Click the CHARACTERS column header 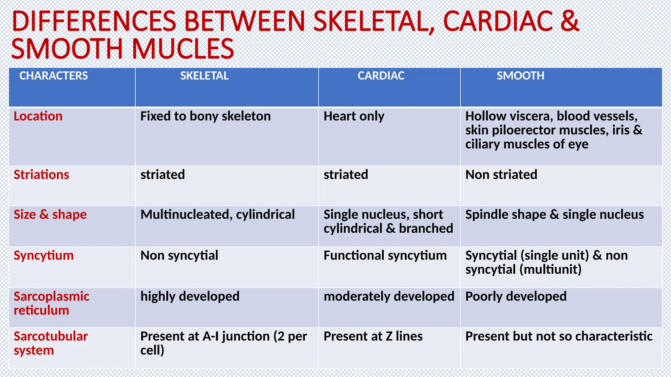click(53, 76)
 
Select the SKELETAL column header click(204, 76)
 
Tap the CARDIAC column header click(381, 76)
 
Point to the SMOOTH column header click(520, 76)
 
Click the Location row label click(38, 116)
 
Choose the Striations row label click(41, 175)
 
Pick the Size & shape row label click(50, 215)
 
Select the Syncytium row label click(44, 256)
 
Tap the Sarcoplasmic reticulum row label click(51, 303)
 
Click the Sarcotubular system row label click(50, 343)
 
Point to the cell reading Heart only click(354, 116)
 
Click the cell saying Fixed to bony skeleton click(205, 116)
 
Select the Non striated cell click(501, 175)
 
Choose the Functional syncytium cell click(385, 256)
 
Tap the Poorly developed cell click(516, 296)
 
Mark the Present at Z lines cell click(373, 336)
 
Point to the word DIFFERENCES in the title click(94, 21)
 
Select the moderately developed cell click(389, 296)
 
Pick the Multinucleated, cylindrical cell click(218, 215)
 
